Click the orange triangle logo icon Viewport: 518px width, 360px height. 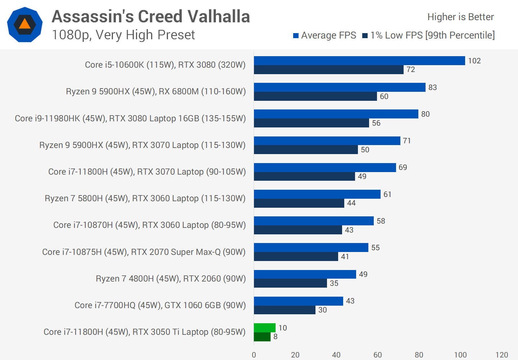coord(25,24)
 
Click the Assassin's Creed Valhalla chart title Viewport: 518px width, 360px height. coord(151,17)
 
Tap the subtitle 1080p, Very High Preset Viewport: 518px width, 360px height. coord(123,35)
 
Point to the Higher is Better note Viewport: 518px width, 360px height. coord(460,17)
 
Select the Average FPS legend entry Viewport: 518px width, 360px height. coord(325,35)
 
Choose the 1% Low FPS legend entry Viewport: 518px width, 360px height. coord(428,35)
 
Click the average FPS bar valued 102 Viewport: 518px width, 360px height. coord(359,61)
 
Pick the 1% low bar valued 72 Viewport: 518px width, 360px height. coord(328,70)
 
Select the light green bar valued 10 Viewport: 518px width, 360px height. coord(265,328)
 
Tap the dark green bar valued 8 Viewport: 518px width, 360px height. coord(262,337)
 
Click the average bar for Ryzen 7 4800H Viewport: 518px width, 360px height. coord(305,274)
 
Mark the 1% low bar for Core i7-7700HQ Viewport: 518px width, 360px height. coord(285,310)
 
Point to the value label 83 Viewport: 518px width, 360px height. coord(432,87)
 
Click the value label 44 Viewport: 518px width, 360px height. coord(351,203)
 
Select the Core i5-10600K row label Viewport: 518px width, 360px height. coord(165,65)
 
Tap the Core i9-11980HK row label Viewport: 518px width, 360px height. coord(130,118)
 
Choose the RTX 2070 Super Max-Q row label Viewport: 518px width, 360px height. coord(144,252)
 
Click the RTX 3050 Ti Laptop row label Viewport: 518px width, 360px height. coord(144,332)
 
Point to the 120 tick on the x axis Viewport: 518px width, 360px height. coord(501,355)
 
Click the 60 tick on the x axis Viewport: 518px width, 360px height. coord(377,355)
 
